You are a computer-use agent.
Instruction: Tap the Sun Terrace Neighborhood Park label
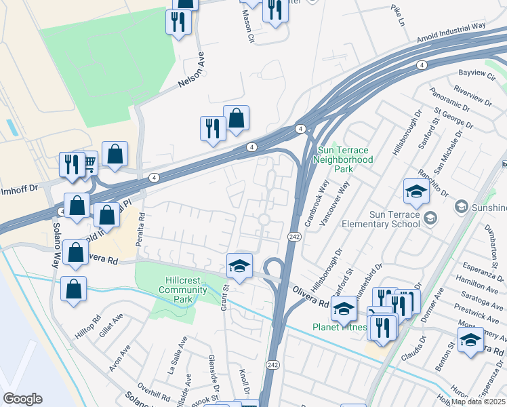344,159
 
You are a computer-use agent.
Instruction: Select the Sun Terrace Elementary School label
390,220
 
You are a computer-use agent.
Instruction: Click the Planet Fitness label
339,327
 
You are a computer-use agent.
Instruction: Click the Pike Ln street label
397,12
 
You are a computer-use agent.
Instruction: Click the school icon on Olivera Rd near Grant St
239,266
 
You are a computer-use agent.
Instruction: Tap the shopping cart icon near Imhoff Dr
89,163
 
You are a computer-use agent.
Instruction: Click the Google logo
22,399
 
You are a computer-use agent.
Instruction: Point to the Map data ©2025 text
479,402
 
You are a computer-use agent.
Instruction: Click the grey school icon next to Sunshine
461,206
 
